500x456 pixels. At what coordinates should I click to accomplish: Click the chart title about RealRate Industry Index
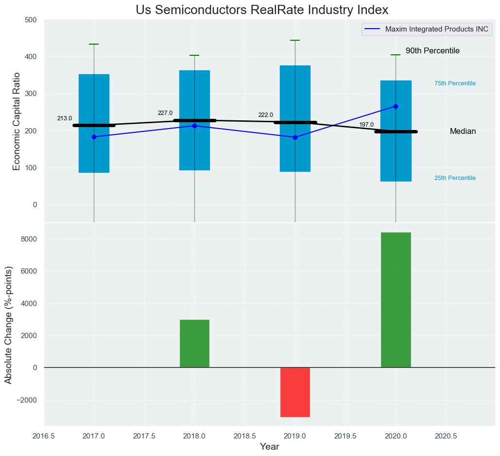[x=262, y=10]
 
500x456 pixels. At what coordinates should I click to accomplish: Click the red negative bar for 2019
[x=295, y=392]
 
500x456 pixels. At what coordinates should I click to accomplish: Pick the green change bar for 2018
[x=194, y=343]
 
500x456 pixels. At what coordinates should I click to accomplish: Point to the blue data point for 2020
[x=396, y=106]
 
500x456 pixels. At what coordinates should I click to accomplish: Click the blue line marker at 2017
[x=94, y=137]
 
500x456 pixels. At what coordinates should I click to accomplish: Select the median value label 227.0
[x=165, y=113]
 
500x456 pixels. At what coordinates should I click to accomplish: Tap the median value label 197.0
[x=366, y=125]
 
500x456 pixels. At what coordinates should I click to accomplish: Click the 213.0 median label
[x=65, y=118]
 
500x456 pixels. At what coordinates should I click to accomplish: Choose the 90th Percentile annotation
[x=432, y=51]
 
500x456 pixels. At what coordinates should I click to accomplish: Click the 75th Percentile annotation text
[x=455, y=83]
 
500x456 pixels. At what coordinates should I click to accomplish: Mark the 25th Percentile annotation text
[x=455, y=178]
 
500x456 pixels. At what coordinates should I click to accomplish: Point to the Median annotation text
[x=463, y=131]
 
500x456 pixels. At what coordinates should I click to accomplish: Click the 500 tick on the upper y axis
[x=31, y=20]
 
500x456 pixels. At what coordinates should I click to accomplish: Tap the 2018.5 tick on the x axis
[x=244, y=436]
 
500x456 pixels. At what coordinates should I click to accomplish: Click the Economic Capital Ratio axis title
[x=17, y=121]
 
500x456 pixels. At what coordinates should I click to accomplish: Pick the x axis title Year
[x=269, y=447]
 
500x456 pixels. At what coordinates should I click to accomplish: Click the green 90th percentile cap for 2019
[x=295, y=40]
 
